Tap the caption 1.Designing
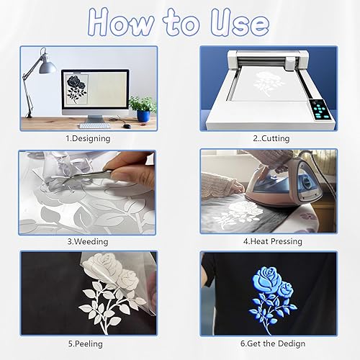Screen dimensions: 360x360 pos(87,138)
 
